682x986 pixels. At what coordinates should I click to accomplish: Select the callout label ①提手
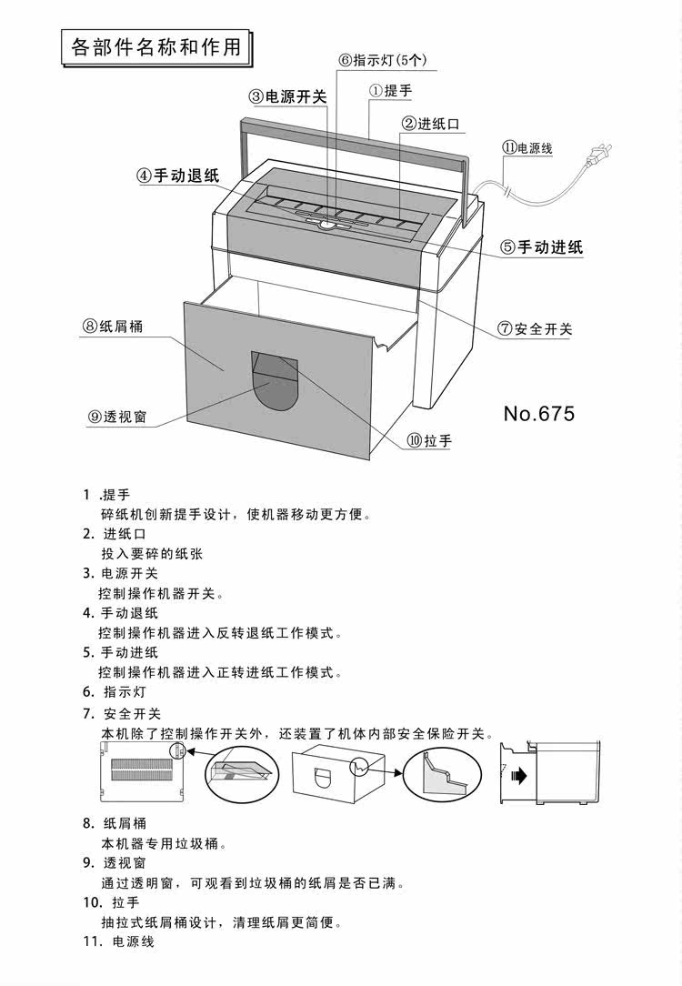click(390, 90)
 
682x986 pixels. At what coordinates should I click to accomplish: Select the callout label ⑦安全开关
click(535, 329)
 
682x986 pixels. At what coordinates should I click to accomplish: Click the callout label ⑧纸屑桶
click(112, 327)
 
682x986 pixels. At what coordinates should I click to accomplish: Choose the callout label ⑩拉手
click(429, 441)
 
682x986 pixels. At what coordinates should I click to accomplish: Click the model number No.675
click(539, 414)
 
